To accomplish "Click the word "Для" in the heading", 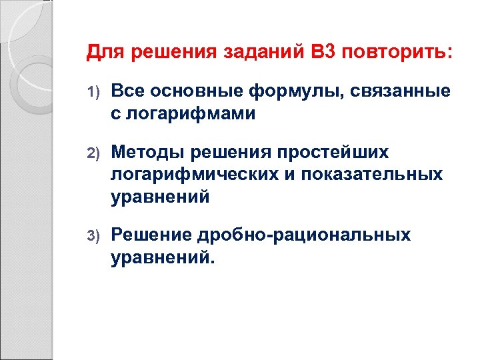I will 104,51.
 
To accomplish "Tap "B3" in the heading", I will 323,51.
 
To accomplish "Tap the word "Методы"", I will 147,153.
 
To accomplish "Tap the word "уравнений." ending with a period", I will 164,257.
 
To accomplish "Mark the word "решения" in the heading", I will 173,51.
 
